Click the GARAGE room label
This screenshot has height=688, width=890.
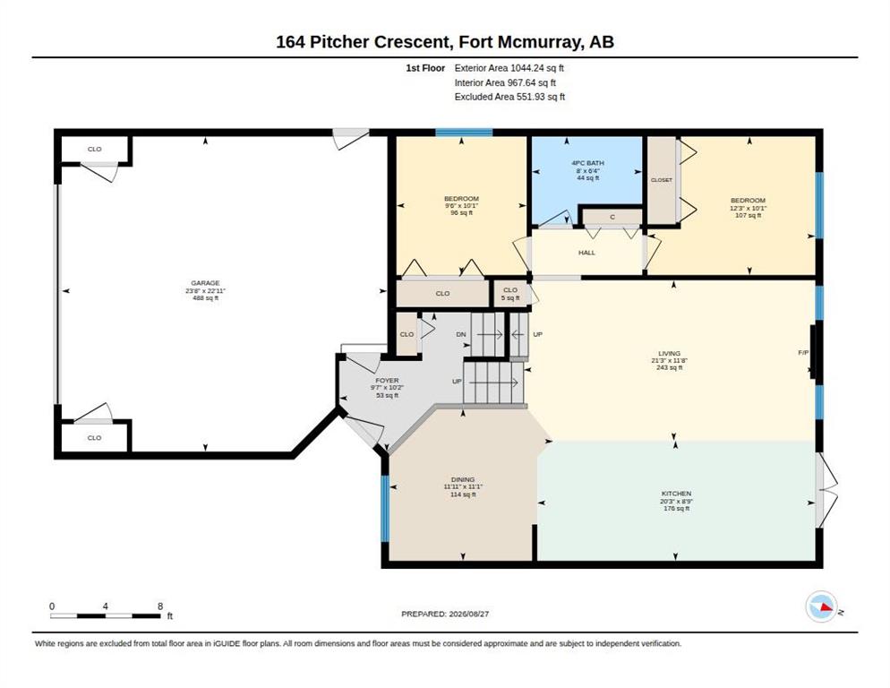[x=205, y=283]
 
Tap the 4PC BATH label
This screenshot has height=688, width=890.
[x=587, y=163]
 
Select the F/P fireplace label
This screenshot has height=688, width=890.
[x=803, y=352]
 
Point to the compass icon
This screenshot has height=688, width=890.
[x=821, y=606]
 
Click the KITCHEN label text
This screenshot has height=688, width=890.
[x=676, y=494]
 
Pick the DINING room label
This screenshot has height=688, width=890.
[x=463, y=479]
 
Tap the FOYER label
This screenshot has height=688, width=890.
[x=387, y=380]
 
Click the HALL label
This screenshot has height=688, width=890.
[x=586, y=253]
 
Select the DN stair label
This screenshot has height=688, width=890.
[x=461, y=334]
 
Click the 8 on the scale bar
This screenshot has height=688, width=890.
[x=160, y=606]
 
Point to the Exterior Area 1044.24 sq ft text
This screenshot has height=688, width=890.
[x=509, y=68]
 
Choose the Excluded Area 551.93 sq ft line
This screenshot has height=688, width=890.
[x=509, y=97]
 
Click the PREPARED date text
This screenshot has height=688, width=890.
[x=445, y=614]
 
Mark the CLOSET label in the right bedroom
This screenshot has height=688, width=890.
[x=662, y=180]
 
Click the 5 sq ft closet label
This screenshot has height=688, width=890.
[x=510, y=297]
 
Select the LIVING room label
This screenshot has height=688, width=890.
[x=669, y=353]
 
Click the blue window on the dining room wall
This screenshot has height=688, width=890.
[x=385, y=508]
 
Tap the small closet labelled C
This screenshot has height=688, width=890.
[x=612, y=217]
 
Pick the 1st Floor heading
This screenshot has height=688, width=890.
[x=425, y=68]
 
